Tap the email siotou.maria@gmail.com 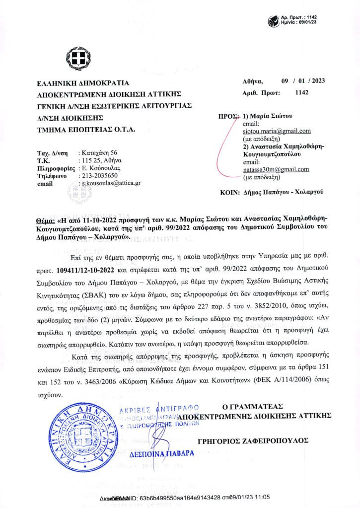pyautogui.click(x=277, y=131)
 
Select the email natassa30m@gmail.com pyautogui.click(x=276, y=169)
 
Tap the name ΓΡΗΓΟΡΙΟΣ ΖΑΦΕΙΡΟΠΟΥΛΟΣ pyautogui.click(x=253, y=440)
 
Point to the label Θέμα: pyautogui.click(x=46, y=219)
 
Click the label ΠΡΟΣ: pyautogui.click(x=229, y=116)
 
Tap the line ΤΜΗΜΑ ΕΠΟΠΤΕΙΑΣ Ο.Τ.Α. pyautogui.click(x=86, y=130)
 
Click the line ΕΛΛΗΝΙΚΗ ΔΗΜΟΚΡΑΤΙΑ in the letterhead pyautogui.click(x=82, y=83)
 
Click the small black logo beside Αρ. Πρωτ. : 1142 pyautogui.click(x=273, y=21)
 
